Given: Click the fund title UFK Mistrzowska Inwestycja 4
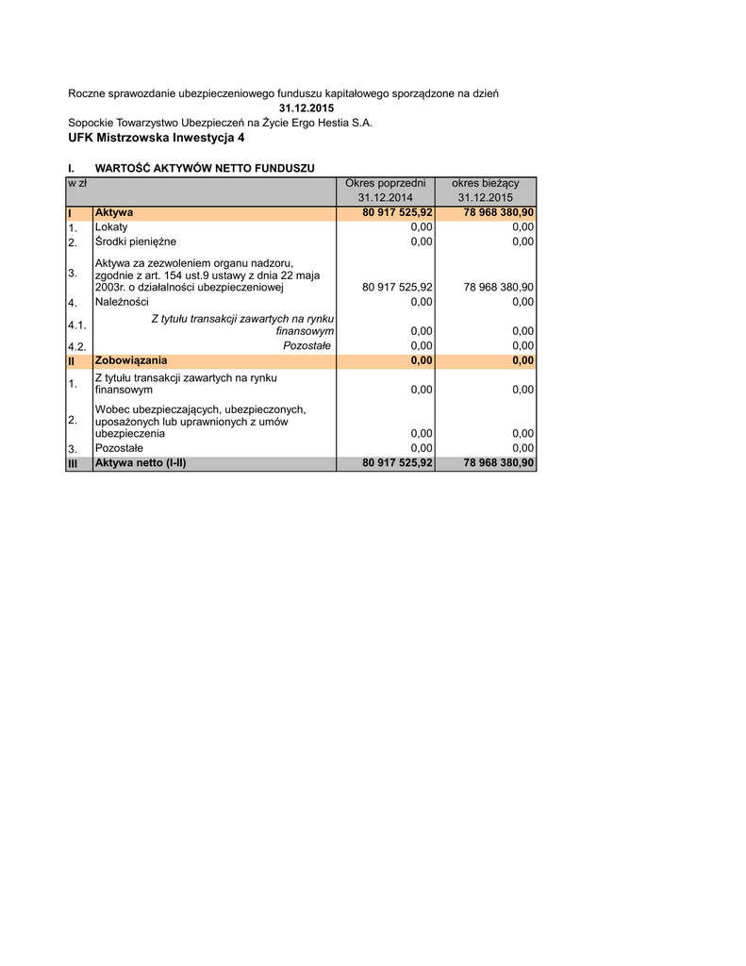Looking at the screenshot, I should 156,138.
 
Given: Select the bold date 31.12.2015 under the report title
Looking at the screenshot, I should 307,108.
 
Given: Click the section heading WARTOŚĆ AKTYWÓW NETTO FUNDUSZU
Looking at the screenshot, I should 205,168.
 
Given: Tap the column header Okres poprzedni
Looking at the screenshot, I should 385,183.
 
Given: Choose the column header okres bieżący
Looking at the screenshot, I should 486,183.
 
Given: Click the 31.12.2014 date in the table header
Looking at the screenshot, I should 385,198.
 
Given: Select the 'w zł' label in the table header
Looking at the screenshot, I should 77,183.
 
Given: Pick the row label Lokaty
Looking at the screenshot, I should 111,227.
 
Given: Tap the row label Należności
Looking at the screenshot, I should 122,302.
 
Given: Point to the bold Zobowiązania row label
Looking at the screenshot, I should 131,360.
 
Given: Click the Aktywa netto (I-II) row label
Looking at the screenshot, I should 141,464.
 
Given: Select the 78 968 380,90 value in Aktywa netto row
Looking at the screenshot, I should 499,464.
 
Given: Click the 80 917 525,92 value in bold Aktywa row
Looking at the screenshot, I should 397,213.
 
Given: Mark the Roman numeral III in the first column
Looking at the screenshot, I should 73,464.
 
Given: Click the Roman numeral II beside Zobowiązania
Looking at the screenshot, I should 72,360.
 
